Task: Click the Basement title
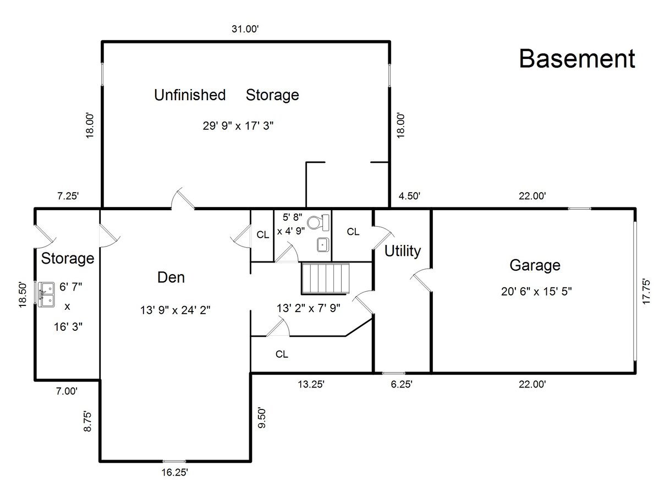coord(577,59)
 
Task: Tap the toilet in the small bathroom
coord(318,222)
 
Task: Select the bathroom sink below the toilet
coord(323,245)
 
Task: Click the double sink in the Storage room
coord(46,294)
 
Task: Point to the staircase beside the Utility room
coord(326,278)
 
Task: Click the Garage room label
coord(535,265)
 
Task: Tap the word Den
coord(171,277)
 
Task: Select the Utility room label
coord(402,251)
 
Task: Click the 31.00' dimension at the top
coord(245,29)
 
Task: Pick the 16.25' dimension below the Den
coord(174,472)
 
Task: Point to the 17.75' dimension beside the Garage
coord(646,291)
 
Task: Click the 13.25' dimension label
coord(311,384)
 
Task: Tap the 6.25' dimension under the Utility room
coord(402,384)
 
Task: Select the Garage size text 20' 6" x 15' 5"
coord(536,291)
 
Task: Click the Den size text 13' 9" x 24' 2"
coord(175,310)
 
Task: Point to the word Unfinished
coord(190,95)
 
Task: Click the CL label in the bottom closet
coord(282,354)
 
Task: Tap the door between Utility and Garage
coord(421,280)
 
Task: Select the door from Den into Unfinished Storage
coord(183,199)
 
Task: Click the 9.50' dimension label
coord(262,418)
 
